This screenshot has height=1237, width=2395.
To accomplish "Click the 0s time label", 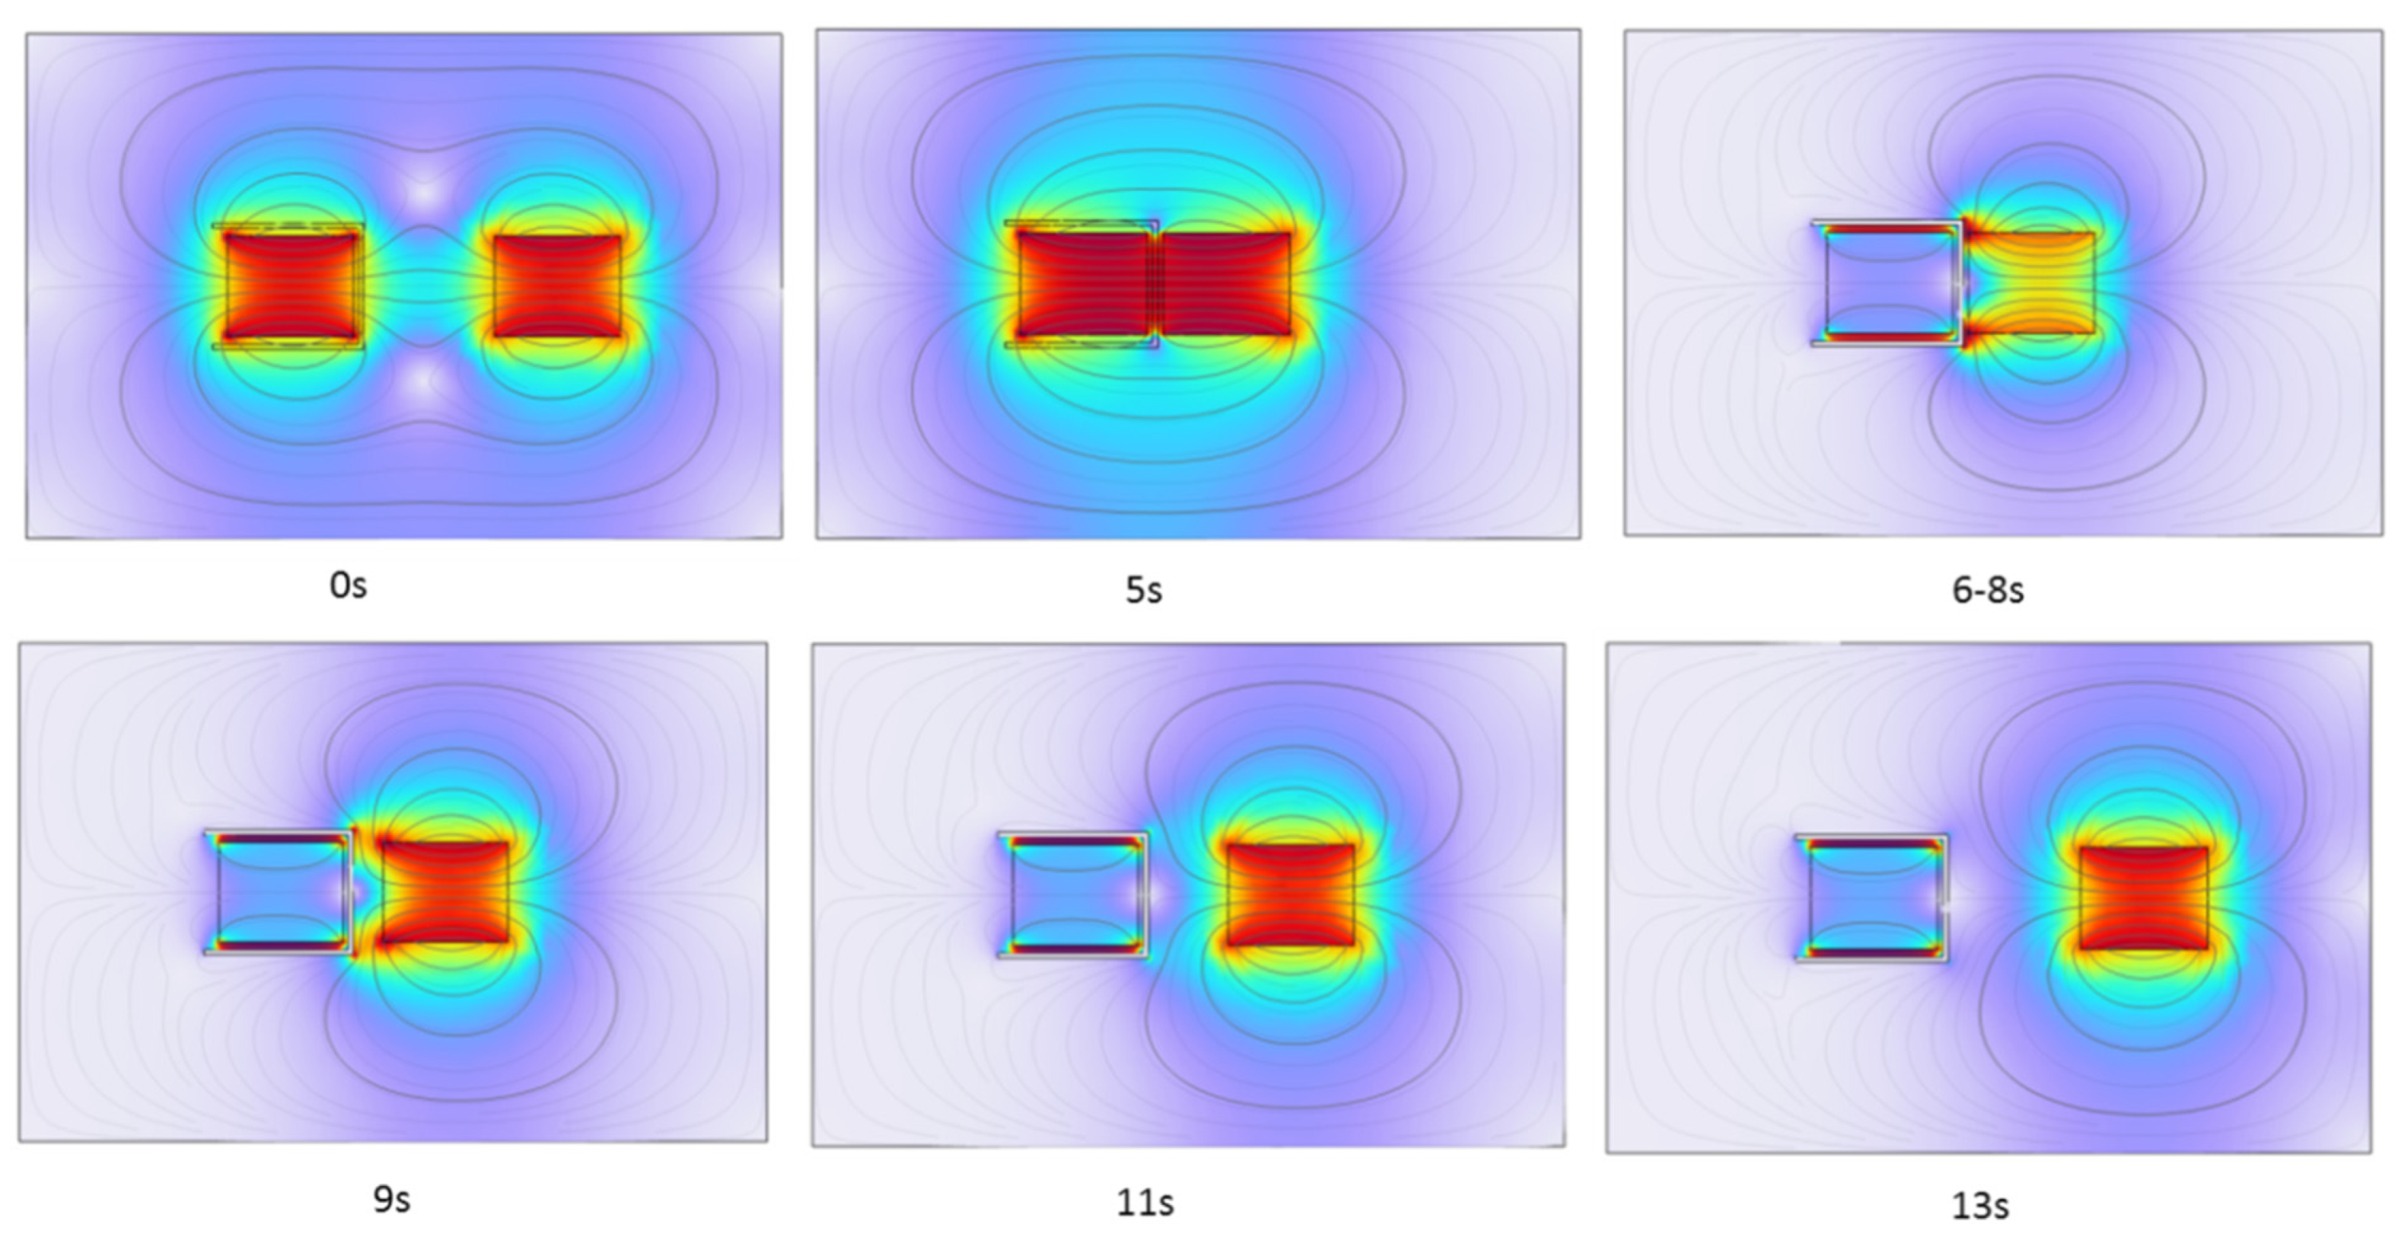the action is [x=349, y=586].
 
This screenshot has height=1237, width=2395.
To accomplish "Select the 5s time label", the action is [x=1144, y=589].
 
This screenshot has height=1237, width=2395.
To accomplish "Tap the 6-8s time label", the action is [x=1988, y=589].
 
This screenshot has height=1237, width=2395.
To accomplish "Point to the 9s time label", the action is [x=391, y=1199].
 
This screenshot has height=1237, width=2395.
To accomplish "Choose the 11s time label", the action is [x=1145, y=1203].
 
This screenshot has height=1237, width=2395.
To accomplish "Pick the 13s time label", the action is [x=1979, y=1205].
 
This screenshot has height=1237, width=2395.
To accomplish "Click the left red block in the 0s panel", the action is [x=291, y=285].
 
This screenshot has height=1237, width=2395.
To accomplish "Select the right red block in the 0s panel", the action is [x=557, y=285].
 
